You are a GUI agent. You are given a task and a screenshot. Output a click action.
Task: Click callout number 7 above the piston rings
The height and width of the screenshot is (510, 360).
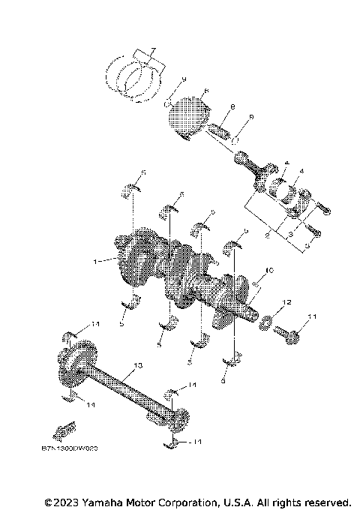(x=151, y=51)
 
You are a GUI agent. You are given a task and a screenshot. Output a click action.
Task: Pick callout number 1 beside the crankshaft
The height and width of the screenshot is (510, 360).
(x=95, y=262)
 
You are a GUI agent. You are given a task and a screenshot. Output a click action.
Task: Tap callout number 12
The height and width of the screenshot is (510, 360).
(x=286, y=302)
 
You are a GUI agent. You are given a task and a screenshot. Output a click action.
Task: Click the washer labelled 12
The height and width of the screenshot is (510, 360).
(x=266, y=323)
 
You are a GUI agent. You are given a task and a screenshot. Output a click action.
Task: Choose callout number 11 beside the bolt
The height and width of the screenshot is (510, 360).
(x=313, y=318)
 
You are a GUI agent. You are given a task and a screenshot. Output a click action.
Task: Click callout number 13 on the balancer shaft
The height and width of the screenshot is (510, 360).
(x=137, y=366)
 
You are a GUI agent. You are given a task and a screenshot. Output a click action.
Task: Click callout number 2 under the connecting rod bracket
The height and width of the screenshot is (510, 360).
(x=268, y=235)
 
